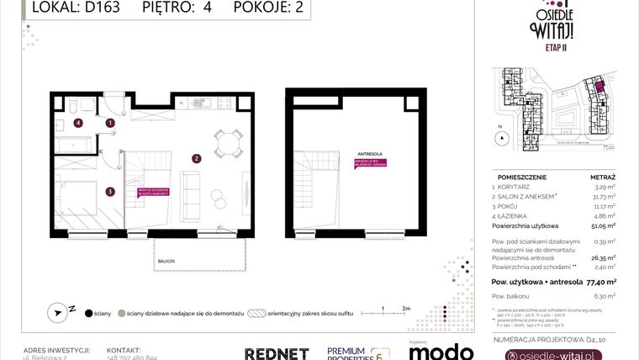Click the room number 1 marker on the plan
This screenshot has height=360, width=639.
point(110,123)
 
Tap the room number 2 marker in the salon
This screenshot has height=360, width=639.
point(195,157)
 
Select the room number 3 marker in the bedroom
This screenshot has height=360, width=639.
point(110,191)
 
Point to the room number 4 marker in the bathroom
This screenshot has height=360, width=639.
point(78,123)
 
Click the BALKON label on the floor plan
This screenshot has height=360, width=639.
point(166,262)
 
